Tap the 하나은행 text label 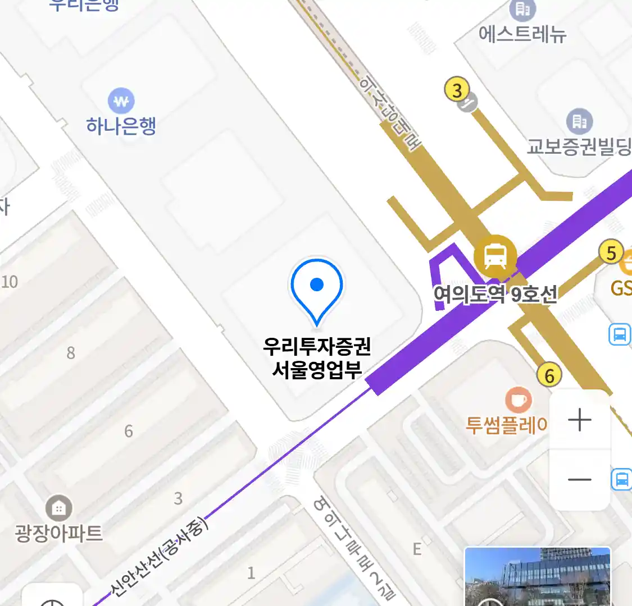pyautogui.click(x=121, y=126)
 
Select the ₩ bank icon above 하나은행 pyautogui.click(x=121, y=102)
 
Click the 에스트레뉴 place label pyautogui.click(x=522, y=34)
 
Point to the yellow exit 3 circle pyautogui.click(x=457, y=90)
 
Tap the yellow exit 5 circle pyautogui.click(x=611, y=253)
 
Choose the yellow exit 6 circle pyautogui.click(x=549, y=375)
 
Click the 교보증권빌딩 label pyautogui.click(x=579, y=146)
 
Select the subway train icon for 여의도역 pyautogui.click(x=495, y=256)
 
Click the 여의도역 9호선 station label pyautogui.click(x=495, y=294)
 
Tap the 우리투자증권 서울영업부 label pyautogui.click(x=317, y=358)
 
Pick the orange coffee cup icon pyautogui.click(x=518, y=400)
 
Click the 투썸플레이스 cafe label pyautogui.click(x=506, y=425)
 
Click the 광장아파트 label pyautogui.click(x=59, y=532)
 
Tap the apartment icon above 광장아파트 pyautogui.click(x=58, y=508)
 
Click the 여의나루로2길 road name pyautogui.click(x=354, y=548)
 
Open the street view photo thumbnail pyautogui.click(x=538, y=577)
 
